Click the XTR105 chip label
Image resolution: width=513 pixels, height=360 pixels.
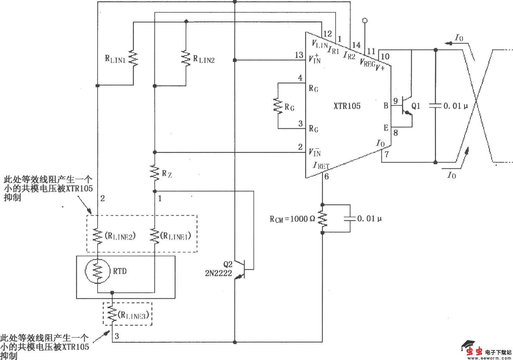pyautogui.click(x=347, y=106)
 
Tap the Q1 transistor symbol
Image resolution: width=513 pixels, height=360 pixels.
pyautogui.click(x=407, y=106)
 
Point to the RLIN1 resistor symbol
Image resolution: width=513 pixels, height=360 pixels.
pyautogui.click(x=133, y=59)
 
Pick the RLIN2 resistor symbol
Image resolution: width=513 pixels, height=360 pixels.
pyautogui.click(x=186, y=59)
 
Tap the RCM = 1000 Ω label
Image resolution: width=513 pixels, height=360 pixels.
pyautogui.click(x=292, y=219)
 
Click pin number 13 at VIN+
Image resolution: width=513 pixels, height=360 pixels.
pyautogui.click(x=299, y=55)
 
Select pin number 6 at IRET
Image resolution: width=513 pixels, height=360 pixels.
pyautogui.click(x=326, y=177)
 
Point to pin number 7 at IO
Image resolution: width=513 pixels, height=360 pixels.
pyautogui.click(x=387, y=154)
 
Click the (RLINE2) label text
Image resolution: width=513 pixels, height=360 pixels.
pyautogui.click(x=120, y=236)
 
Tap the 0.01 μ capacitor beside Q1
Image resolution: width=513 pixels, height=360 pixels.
pyautogui.click(x=436, y=106)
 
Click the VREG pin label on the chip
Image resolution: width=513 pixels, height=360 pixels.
pyautogui.click(x=367, y=63)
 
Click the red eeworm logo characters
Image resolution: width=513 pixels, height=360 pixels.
pyautogui.click(x=475, y=351)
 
